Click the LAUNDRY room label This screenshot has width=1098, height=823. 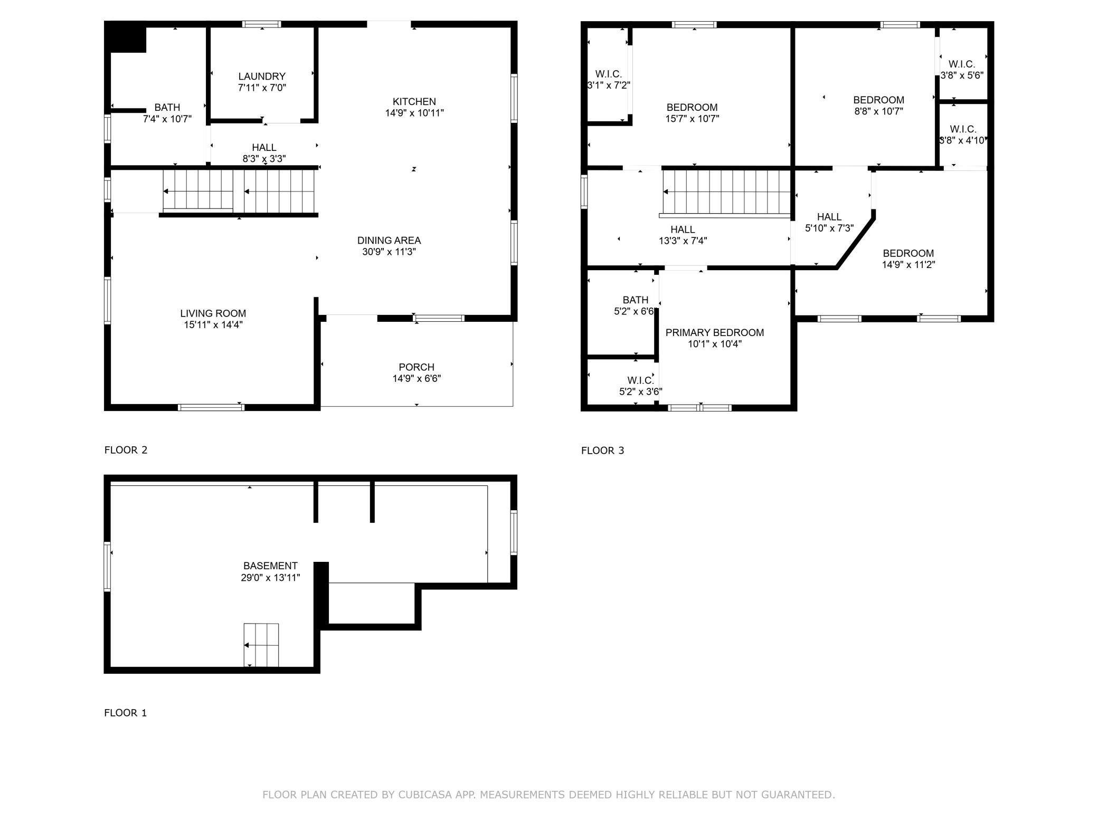pyautogui.click(x=261, y=76)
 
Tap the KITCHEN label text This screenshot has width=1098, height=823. pyautogui.click(x=414, y=102)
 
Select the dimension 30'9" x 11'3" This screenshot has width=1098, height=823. pyautogui.click(x=389, y=252)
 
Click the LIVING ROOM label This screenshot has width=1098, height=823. pyautogui.click(x=213, y=313)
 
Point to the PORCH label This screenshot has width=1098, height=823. pyautogui.click(x=417, y=367)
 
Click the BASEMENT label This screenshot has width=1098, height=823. pyautogui.click(x=270, y=566)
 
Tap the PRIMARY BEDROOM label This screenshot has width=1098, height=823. pyautogui.click(x=715, y=333)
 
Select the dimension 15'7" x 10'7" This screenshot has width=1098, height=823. pyautogui.click(x=692, y=119)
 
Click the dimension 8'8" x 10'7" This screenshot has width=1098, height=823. pyautogui.click(x=878, y=112)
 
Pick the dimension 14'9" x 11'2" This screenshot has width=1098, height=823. pyautogui.click(x=908, y=265)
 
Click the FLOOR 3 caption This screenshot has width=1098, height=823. pyautogui.click(x=602, y=451)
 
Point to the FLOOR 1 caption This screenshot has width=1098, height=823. pyautogui.click(x=126, y=713)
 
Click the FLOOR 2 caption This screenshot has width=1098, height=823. pyautogui.click(x=126, y=450)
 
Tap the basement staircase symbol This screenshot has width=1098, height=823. pyautogui.click(x=261, y=645)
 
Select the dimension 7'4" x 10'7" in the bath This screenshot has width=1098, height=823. pyautogui.click(x=167, y=119)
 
